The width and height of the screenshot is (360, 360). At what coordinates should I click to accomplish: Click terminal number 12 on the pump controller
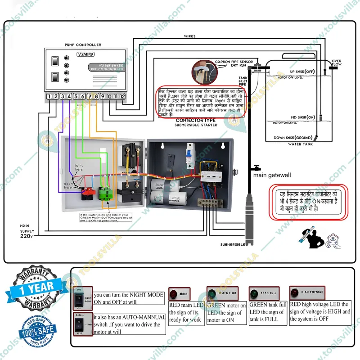[x=122, y=96]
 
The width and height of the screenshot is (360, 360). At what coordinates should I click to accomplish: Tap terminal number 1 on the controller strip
[x=49, y=96]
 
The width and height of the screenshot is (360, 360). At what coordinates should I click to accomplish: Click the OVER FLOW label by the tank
[x=336, y=63]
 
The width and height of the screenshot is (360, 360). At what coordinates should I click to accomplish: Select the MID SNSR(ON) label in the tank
[x=302, y=117]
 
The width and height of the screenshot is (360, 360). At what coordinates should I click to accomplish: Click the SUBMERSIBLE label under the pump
[x=233, y=244]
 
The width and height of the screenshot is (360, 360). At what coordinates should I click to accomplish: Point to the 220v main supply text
[x=27, y=235]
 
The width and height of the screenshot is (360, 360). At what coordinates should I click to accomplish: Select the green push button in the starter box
[x=107, y=194]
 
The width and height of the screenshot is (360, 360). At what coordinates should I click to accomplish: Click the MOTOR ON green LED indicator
[x=211, y=293]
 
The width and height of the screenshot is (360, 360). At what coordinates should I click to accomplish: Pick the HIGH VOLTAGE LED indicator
[x=296, y=292]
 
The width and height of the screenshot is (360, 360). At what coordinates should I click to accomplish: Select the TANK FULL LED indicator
[x=253, y=293]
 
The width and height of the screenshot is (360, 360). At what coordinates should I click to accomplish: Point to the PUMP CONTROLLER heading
[x=82, y=45]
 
